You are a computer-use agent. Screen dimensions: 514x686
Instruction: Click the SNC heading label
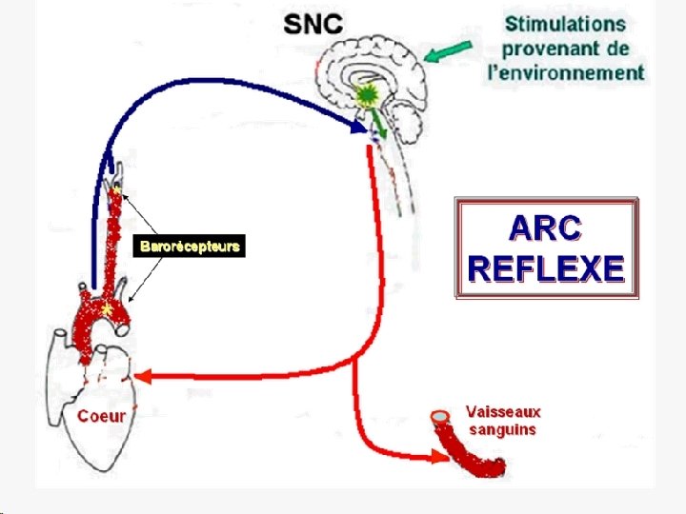pyautogui.click(x=313, y=26)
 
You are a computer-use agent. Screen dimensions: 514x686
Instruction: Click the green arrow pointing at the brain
pyautogui.click(x=449, y=51)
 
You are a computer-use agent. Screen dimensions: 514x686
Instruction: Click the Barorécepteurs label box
pyautogui.click(x=191, y=247)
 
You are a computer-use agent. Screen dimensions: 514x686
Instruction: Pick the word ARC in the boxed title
pyautogui.click(x=546, y=228)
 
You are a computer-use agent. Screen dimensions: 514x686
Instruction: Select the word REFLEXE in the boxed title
pyautogui.click(x=546, y=268)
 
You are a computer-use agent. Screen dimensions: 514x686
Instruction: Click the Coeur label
pyautogui.click(x=101, y=416)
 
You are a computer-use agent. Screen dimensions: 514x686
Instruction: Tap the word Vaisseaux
pyautogui.click(x=503, y=412)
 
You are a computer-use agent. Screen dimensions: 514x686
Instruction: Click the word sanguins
pyautogui.click(x=502, y=429)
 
